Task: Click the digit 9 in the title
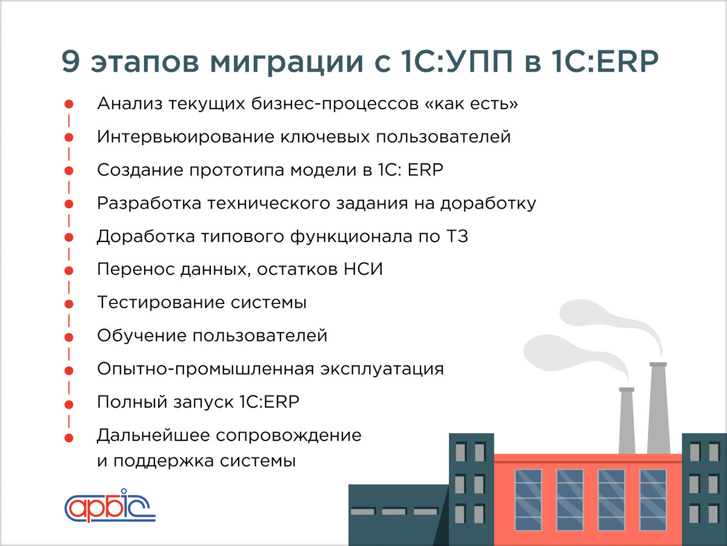[x=72, y=63]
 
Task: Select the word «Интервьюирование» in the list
[x=184, y=137]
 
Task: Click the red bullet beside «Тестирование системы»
[x=69, y=303]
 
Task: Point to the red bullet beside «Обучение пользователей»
[x=69, y=337]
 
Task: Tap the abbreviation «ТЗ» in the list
[x=457, y=237]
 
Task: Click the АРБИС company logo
[x=110, y=505]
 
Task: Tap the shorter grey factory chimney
[x=627, y=420]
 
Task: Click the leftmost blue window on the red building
[x=528, y=499]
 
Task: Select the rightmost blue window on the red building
[x=652, y=499]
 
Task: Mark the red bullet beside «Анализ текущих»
[x=69, y=104]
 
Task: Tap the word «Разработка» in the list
[x=149, y=204]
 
